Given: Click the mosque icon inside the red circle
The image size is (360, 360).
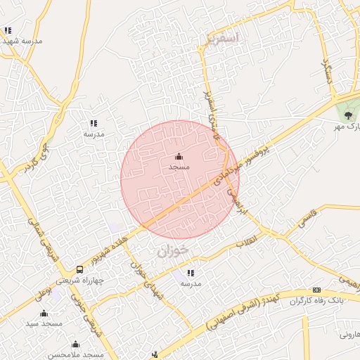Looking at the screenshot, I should [179, 156].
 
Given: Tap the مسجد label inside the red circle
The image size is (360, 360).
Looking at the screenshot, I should [179, 167].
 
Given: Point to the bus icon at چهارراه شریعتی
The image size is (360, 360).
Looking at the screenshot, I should [79, 269].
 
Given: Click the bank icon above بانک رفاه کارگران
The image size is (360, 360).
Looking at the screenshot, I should [316, 290].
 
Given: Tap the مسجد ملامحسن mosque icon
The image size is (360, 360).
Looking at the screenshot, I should [76, 344].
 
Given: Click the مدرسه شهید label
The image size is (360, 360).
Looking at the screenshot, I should [22, 41].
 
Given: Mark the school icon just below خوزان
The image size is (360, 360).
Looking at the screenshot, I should [190, 273].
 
